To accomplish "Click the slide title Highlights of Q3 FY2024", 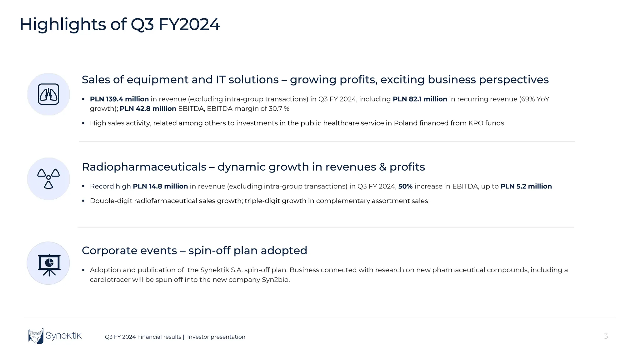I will pyautogui.click(x=120, y=24).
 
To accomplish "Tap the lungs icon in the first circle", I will pyautogui.click(x=48, y=94).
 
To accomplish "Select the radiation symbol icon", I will pyautogui.click(x=48, y=178).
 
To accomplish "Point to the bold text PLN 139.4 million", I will pyautogui.click(x=119, y=99).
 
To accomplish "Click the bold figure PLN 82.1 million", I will pyautogui.click(x=420, y=99).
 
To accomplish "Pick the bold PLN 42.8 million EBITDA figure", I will pyautogui.click(x=148, y=109).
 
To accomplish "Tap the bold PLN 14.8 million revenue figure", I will pyautogui.click(x=160, y=186).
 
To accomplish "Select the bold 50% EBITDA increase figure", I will pyautogui.click(x=405, y=186).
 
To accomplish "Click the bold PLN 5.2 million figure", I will pyautogui.click(x=526, y=186).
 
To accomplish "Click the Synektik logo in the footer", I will pyautogui.click(x=55, y=336).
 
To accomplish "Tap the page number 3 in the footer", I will pyautogui.click(x=606, y=336).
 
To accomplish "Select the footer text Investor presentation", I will pyautogui.click(x=216, y=337).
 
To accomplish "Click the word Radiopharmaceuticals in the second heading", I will pyautogui.click(x=144, y=167).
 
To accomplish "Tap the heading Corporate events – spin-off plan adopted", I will pyautogui.click(x=194, y=251).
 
